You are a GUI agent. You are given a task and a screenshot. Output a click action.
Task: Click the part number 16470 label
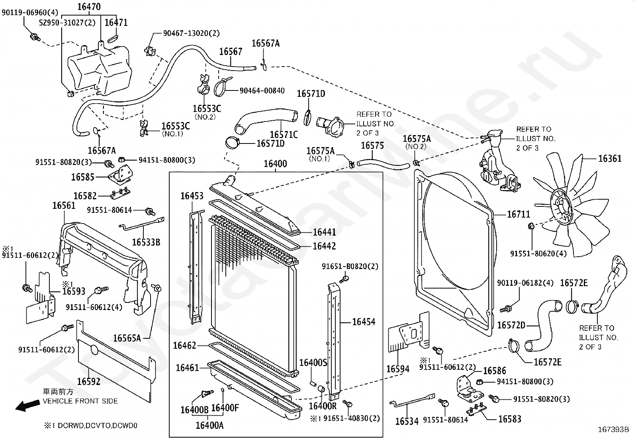(x=89, y=7)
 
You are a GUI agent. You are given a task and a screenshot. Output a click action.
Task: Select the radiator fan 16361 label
(x=610, y=158)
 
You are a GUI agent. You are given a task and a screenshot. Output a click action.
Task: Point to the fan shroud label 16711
(x=519, y=214)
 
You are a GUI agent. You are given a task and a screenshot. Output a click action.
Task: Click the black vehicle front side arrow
(x=27, y=406)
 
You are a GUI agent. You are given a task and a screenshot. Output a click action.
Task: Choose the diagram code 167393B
(x=613, y=430)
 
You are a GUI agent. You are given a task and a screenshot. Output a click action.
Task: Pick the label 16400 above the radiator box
(x=276, y=164)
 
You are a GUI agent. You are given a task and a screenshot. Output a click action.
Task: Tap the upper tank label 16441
(x=324, y=232)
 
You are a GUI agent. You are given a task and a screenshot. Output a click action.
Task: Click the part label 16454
(x=364, y=322)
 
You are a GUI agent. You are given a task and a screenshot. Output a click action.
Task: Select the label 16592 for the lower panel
(x=88, y=382)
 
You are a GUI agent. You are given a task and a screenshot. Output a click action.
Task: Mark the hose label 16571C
(x=284, y=135)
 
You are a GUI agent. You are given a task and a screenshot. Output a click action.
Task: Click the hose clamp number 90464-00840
(x=262, y=90)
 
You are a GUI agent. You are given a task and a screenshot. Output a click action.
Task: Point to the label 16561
(x=64, y=205)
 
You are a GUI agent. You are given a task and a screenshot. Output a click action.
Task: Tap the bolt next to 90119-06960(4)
(x=35, y=37)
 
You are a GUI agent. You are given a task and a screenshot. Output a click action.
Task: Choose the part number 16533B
(x=146, y=242)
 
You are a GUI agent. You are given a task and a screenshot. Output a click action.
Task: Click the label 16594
(x=398, y=369)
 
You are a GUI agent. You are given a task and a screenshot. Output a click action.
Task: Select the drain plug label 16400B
(x=194, y=410)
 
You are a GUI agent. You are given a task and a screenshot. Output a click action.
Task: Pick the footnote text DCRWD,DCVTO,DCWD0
(x=97, y=426)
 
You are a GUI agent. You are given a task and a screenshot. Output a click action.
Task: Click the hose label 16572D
(x=511, y=325)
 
